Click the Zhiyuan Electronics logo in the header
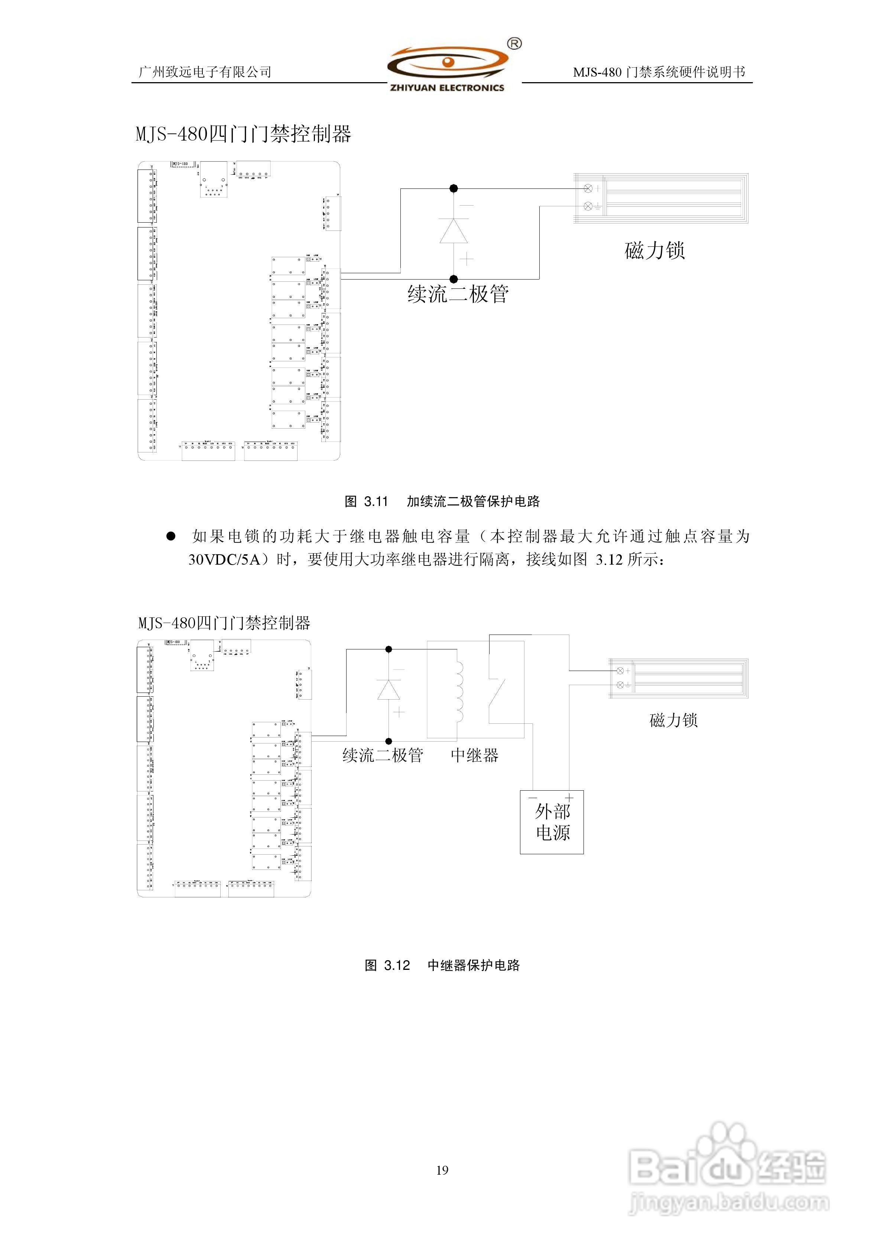447,68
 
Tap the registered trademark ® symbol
514,43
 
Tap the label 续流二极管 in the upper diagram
458,294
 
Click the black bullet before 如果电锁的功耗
170,536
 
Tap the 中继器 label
474,755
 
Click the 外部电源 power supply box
552,822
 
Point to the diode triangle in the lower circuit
389,690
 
